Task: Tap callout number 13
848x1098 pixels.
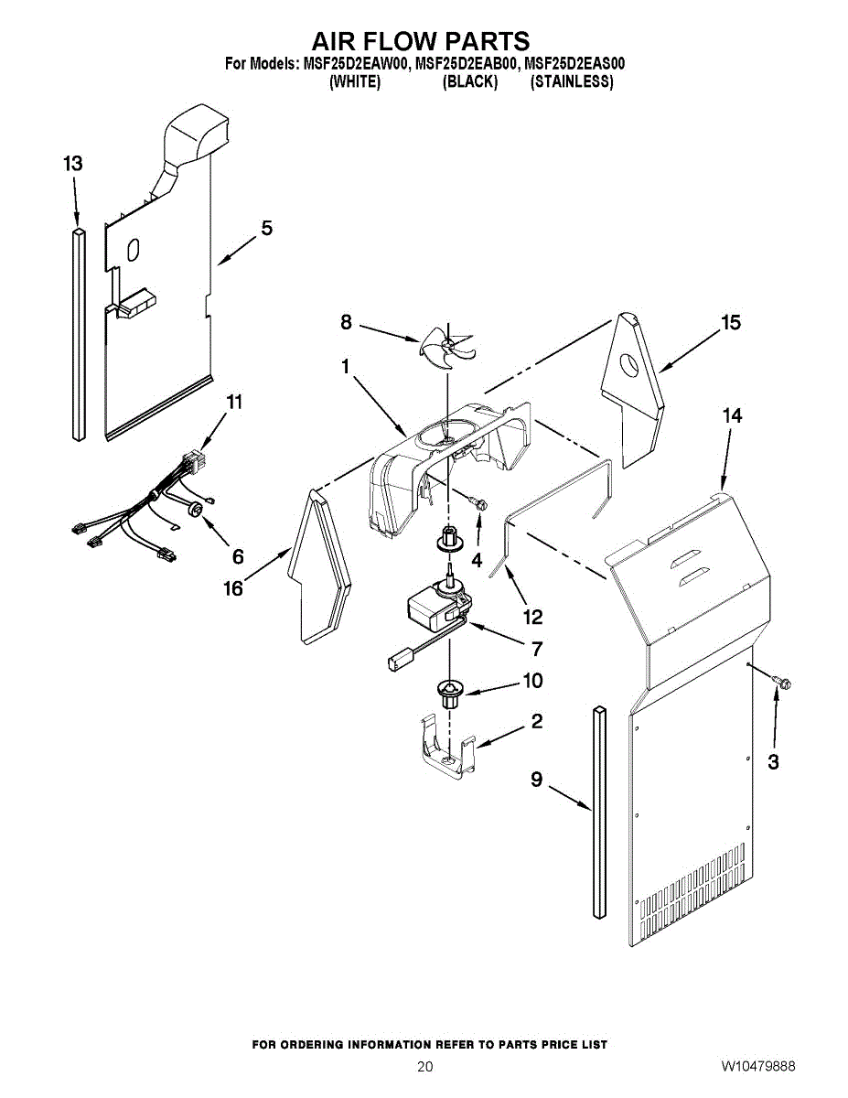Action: [73, 164]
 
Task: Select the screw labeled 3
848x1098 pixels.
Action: [781, 682]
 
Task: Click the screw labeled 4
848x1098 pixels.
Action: [477, 501]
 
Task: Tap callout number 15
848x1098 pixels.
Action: [730, 322]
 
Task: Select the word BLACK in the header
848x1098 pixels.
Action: [470, 82]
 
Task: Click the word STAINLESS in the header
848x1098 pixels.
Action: [572, 82]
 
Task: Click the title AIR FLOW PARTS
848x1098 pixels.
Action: [421, 41]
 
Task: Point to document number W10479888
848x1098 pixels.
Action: [757, 1067]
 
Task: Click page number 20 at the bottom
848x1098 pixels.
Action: [424, 1067]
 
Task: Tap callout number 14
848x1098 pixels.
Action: [732, 415]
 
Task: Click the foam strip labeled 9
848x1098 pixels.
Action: [599, 810]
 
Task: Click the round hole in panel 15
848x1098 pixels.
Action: [630, 368]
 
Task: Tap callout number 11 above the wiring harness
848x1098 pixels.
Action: [235, 402]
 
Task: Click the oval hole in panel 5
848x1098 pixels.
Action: [134, 250]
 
